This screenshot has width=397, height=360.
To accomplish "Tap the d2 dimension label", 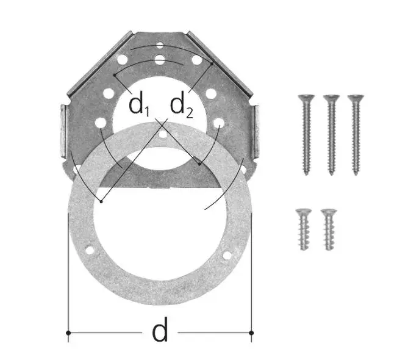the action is point(182,106).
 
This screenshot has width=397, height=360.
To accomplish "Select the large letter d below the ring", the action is point(160,329).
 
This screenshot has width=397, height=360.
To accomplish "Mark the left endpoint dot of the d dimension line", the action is point(68,333).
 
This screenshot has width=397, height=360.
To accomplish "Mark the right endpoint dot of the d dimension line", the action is point(251,333).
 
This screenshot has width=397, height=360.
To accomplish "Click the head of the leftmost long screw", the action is point(306,98).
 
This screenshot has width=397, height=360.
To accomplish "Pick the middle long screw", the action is point(331,135).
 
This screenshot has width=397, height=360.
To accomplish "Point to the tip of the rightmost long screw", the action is point(356,175).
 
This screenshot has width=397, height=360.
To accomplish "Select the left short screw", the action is point(304,229).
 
